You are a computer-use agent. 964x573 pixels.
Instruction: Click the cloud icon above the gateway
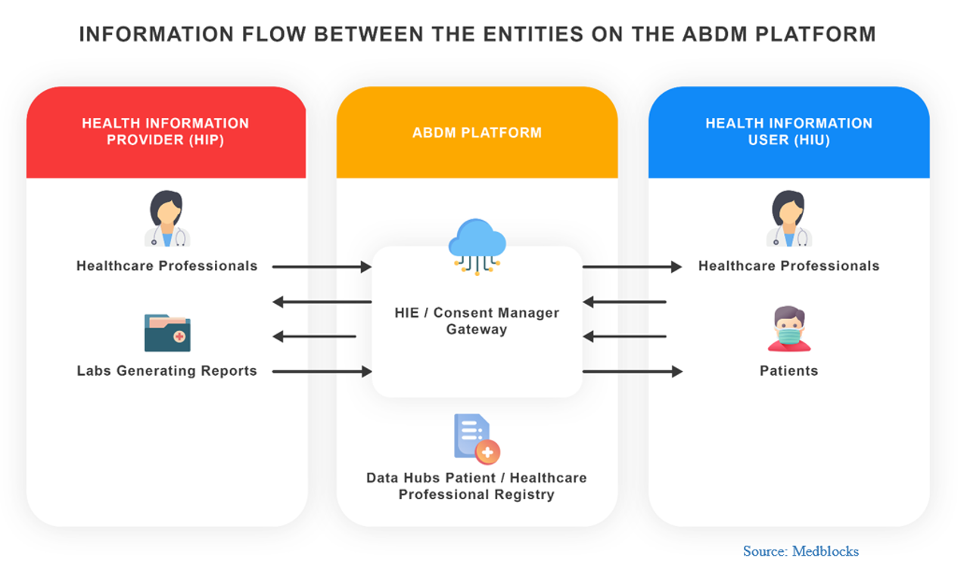pyautogui.click(x=477, y=246)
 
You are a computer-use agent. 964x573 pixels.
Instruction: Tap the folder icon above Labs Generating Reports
pyautogui.click(x=167, y=333)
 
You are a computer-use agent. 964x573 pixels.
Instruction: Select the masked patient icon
pyautogui.click(x=789, y=329)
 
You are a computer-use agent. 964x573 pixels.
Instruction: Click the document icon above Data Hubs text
pyautogui.click(x=477, y=439)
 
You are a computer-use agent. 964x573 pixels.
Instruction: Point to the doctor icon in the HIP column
pyautogui.click(x=167, y=218)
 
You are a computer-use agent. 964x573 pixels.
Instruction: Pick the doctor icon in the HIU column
pyautogui.click(x=789, y=218)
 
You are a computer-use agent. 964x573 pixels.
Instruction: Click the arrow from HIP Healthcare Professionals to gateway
pyautogui.click(x=322, y=267)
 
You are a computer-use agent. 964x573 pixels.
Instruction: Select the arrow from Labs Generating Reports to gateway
pyautogui.click(x=322, y=371)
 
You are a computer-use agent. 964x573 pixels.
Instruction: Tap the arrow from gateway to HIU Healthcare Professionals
pyautogui.click(x=632, y=267)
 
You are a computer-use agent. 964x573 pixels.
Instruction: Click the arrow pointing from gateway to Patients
pyautogui.click(x=632, y=371)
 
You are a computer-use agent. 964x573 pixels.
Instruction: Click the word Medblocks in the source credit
pyautogui.click(x=826, y=551)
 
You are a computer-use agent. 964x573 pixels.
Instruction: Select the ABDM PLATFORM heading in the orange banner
pyautogui.click(x=477, y=132)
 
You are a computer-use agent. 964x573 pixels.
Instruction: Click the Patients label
pyautogui.click(x=789, y=370)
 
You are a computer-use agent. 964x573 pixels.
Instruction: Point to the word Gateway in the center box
pyautogui.click(x=477, y=330)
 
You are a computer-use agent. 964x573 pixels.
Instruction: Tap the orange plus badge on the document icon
pyautogui.click(x=487, y=452)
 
